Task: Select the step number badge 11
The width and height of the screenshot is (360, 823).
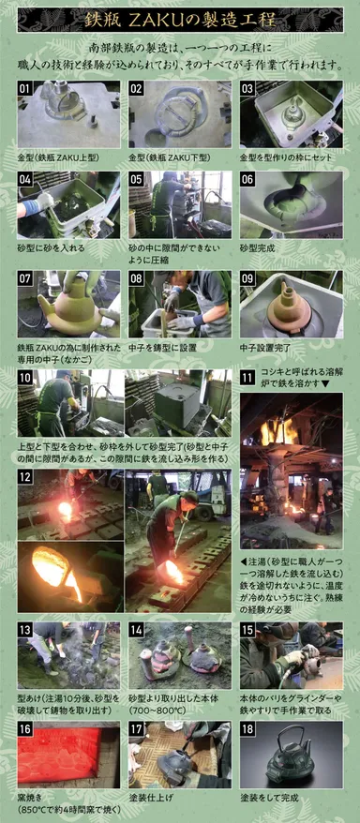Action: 248,379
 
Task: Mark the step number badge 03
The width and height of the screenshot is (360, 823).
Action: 249,89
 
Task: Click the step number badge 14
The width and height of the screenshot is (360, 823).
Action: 138,630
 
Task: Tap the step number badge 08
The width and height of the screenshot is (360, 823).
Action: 138,279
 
